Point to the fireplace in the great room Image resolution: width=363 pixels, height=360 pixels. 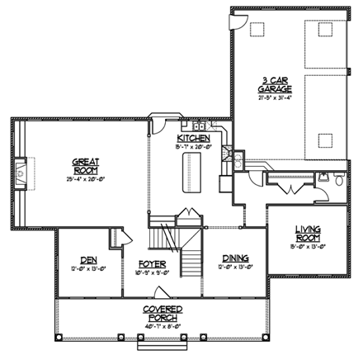coord(21,171)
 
